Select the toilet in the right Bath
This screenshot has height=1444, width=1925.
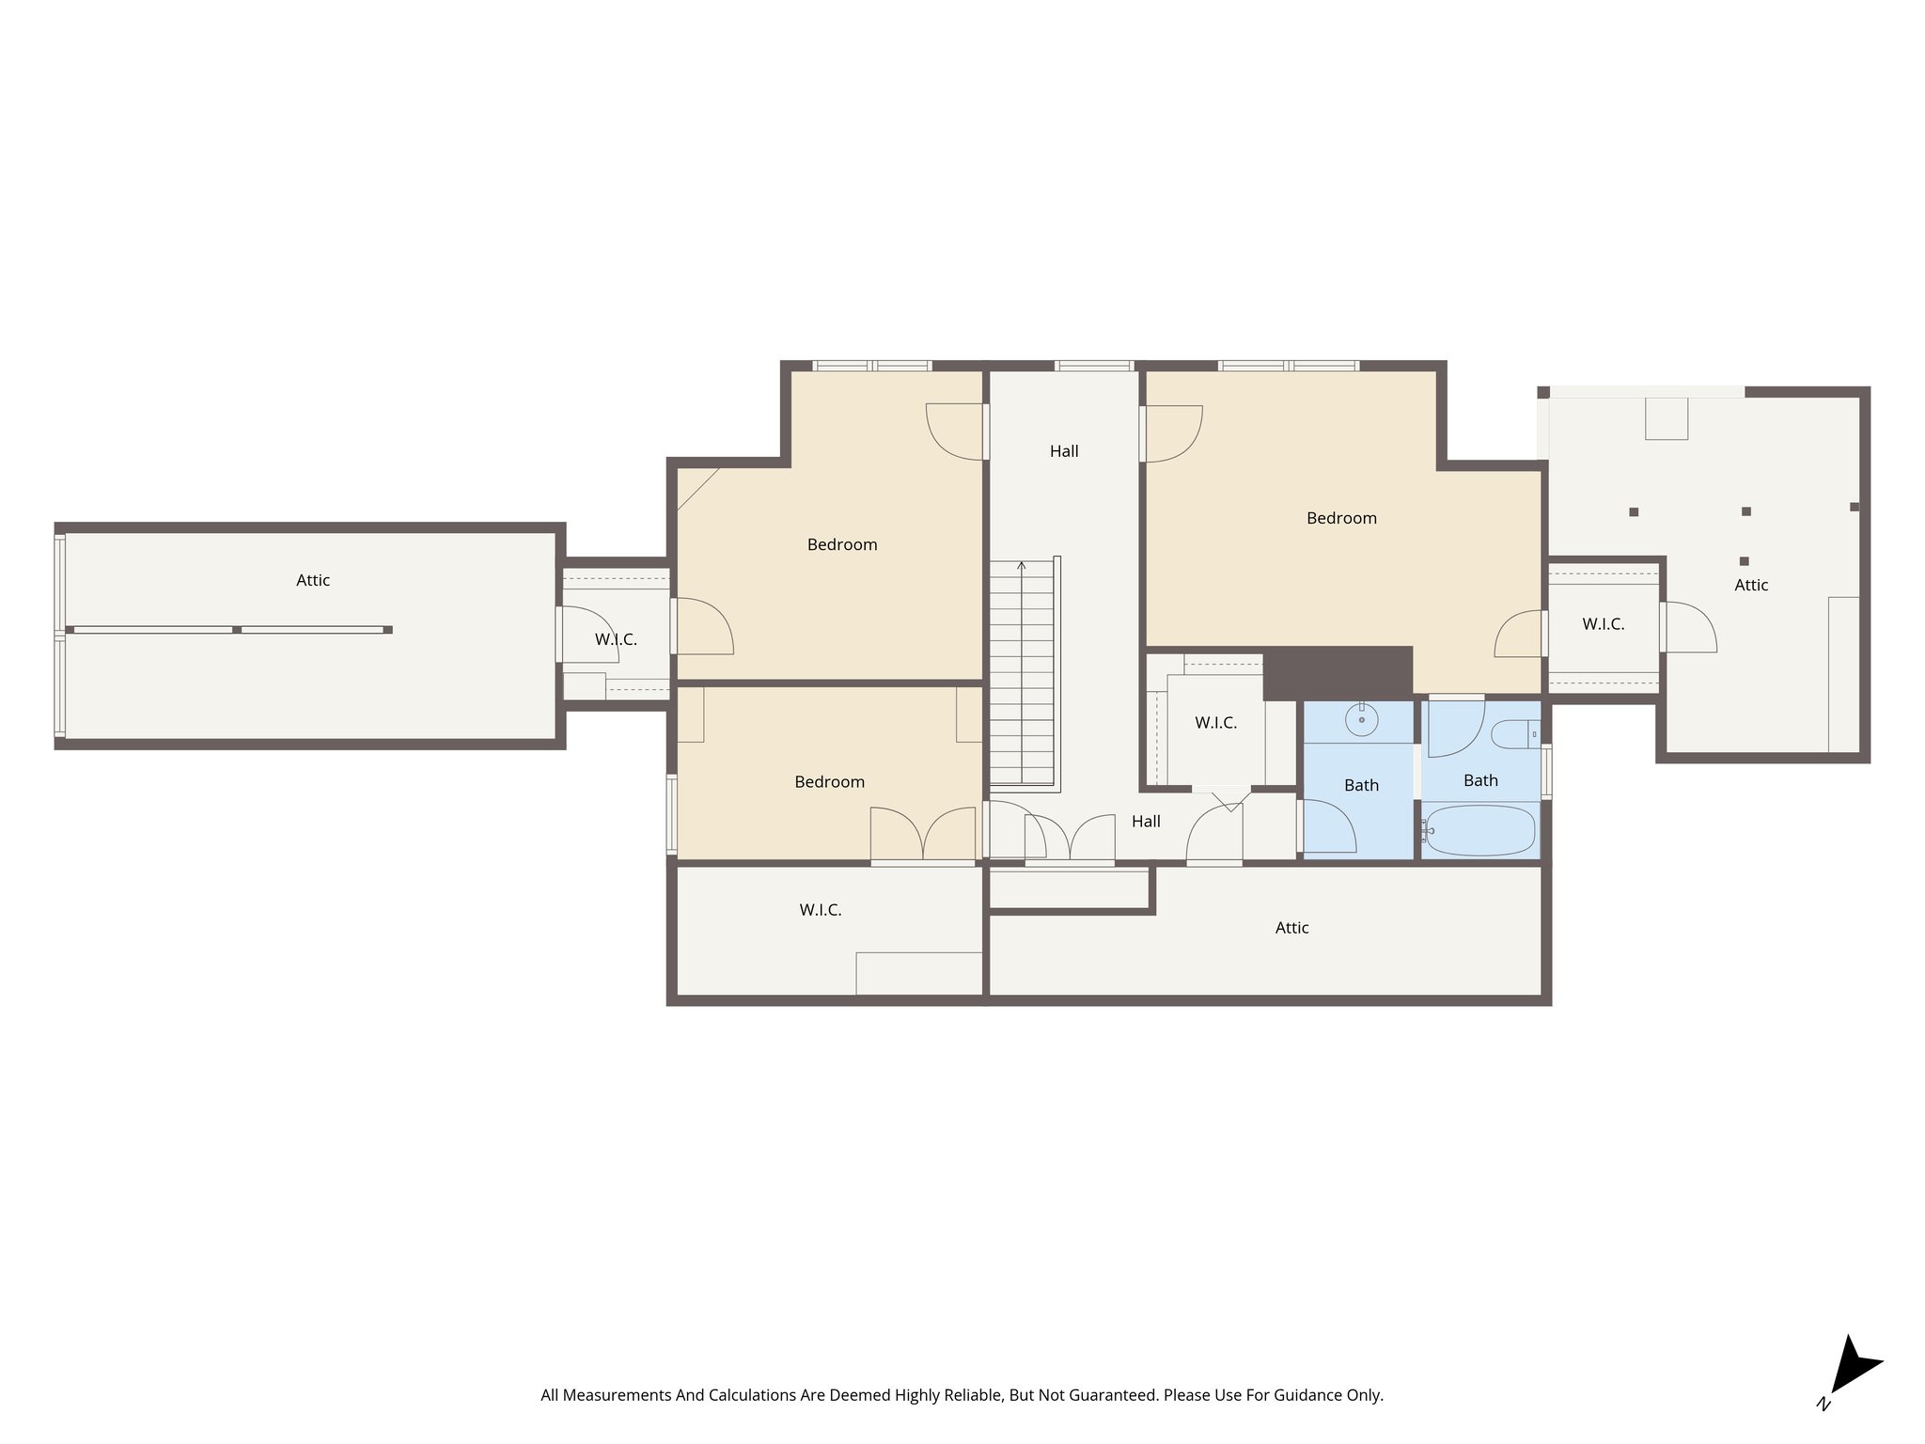(x=1514, y=734)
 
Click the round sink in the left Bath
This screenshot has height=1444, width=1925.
(x=1361, y=721)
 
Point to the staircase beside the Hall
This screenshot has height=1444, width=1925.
(x=1023, y=672)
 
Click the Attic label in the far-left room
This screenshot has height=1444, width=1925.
(x=313, y=580)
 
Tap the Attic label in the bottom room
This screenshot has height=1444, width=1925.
(x=1291, y=928)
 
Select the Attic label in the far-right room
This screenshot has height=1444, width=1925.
(x=1751, y=585)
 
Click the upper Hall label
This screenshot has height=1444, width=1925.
(x=1064, y=451)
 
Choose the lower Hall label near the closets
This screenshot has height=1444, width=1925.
(x=1146, y=822)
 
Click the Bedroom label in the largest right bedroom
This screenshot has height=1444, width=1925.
(x=1341, y=518)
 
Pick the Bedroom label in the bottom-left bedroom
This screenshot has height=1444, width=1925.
(x=829, y=782)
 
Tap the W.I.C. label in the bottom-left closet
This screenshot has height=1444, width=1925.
(x=820, y=910)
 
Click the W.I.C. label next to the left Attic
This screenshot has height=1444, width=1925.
(x=616, y=639)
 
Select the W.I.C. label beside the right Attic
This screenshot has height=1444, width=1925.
(x=1603, y=624)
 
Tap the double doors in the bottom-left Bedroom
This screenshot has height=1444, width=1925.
(x=923, y=833)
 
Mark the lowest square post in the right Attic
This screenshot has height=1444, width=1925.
(x=1744, y=561)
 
